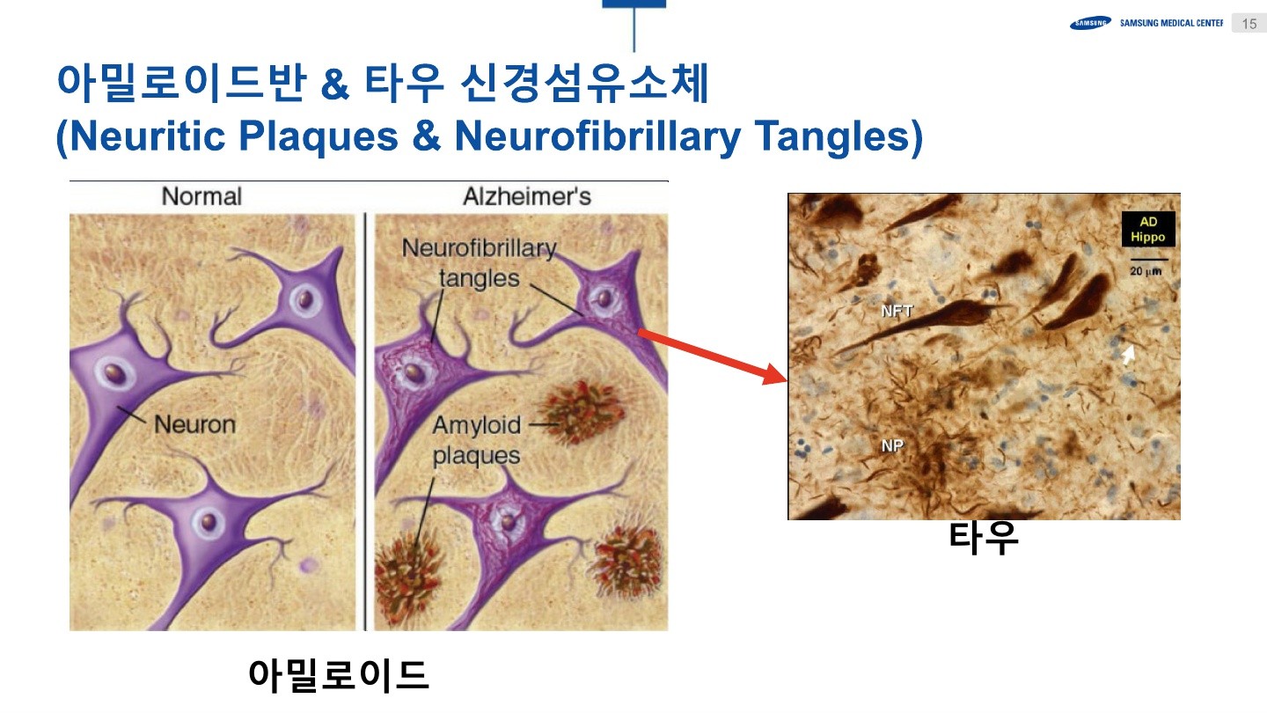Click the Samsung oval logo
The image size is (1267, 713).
(x=1090, y=24)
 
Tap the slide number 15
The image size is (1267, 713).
(x=1249, y=24)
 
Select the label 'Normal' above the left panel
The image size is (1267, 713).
(x=201, y=196)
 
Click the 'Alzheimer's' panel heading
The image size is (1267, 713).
(x=527, y=196)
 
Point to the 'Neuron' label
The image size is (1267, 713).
(x=195, y=424)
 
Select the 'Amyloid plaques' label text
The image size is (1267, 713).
(x=477, y=440)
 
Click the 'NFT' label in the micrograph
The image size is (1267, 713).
(x=897, y=311)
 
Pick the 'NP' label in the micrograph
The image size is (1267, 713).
(x=892, y=446)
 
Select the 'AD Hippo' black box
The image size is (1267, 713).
(x=1147, y=229)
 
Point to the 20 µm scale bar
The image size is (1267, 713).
(x=1148, y=260)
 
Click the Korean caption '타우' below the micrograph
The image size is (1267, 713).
(x=984, y=538)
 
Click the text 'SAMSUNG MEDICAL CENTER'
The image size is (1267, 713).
(x=1171, y=23)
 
